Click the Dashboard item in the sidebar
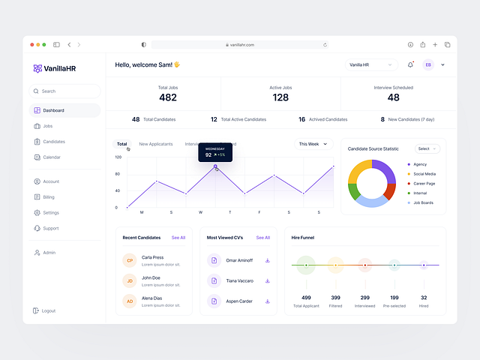53,110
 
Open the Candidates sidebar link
53,142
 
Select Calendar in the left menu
51,157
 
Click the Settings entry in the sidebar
50,213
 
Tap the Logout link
48,310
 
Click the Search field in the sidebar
64,91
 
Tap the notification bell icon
410,65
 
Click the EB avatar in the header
428,65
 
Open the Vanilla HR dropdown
370,65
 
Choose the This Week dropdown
313,144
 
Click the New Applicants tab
156,144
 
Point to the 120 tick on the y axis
118,157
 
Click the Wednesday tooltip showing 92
215,153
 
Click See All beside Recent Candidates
178,238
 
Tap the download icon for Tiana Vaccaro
267,281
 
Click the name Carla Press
152,257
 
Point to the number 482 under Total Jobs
168,97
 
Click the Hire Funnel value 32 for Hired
424,298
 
